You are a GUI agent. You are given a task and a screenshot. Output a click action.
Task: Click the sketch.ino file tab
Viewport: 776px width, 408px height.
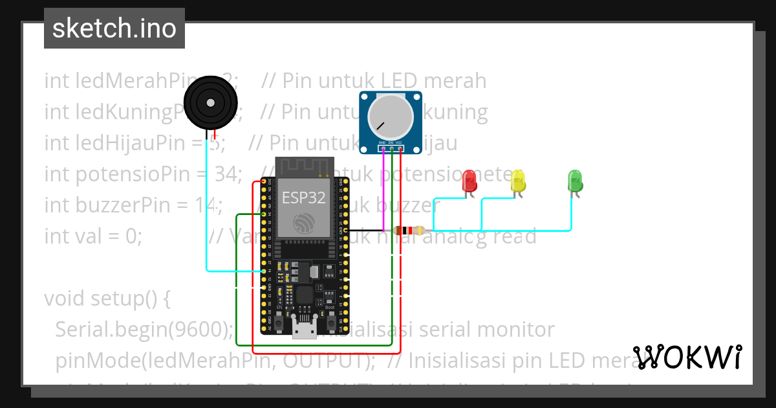pos(114,28)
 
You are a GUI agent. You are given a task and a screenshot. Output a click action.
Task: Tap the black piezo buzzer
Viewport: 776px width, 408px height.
pos(210,102)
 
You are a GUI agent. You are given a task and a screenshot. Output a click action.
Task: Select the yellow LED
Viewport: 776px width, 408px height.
pos(518,181)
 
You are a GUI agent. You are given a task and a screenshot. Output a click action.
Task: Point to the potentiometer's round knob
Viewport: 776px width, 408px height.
pos(390,119)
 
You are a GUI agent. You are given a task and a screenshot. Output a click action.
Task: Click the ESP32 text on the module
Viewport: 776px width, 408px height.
pos(303,198)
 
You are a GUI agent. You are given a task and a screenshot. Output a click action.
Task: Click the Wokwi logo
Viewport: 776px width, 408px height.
pos(687,357)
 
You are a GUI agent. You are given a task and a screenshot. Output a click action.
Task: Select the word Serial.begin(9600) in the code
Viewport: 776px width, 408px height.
pos(144,330)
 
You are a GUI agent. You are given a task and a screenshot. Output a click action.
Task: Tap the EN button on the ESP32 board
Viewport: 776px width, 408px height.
pos(279,322)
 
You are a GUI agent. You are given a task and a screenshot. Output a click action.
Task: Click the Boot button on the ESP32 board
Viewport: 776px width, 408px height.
pos(330,322)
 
